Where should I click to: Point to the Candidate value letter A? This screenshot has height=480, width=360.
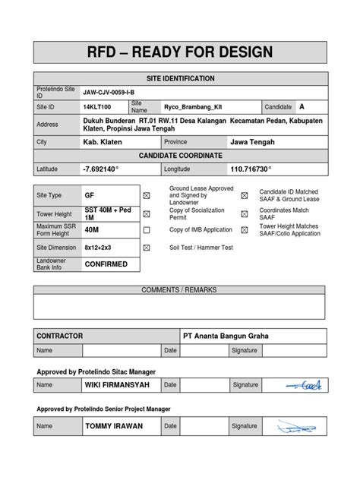pyautogui.click(x=302, y=106)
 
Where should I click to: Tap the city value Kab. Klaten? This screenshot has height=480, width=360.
pyautogui.click(x=103, y=142)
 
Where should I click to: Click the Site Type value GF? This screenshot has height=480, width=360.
pyautogui.click(x=90, y=195)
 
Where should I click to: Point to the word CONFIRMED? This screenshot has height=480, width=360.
pyautogui.click(x=106, y=264)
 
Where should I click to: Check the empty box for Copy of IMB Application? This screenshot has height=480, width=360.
pyautogui.click(x=147, y=230)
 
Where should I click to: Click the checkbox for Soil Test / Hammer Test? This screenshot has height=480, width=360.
pyautogui.click(x=147, y=248)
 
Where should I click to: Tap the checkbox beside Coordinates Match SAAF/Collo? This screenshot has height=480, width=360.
pyautogui.click(x=244, y=213)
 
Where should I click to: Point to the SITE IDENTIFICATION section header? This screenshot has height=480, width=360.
pyautogui.click(x=180, y=79)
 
